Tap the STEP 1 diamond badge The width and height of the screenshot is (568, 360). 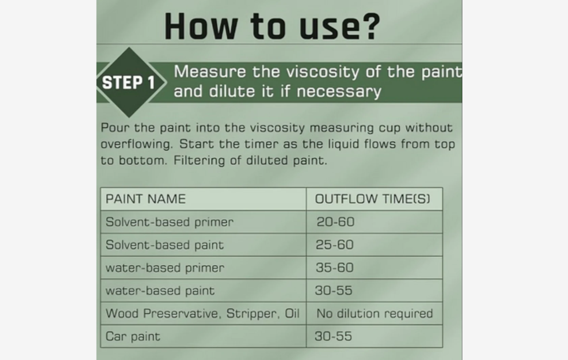(x=130, y=82)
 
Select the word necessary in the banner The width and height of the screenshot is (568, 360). (x=339, y=92)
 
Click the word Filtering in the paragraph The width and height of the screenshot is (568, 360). (x=199, y=160)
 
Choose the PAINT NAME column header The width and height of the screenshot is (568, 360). (x=145, y=199)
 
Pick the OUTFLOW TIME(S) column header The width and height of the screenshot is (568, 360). (x=372, y=199)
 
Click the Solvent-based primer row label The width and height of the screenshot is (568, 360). (x=169, y=222)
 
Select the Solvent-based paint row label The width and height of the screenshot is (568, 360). (x=164, y=245)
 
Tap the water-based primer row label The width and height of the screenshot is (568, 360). (x=165, y=268)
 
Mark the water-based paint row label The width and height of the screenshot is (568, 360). (x=160, y=290)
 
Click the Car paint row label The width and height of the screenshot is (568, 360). (x=133, y=337)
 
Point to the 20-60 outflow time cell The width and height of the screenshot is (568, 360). (x=335, y=222)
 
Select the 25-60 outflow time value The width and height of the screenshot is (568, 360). (x=334, y=245)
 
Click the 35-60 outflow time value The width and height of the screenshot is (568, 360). (x=334, y=268)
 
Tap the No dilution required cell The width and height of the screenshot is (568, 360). (x=375, y=313)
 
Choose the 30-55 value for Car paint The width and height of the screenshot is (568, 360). (x=333, y=336)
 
